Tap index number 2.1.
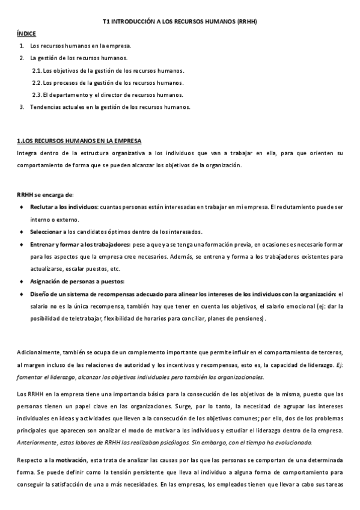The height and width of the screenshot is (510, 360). click(x=37, y=70)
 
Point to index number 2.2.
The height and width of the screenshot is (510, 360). click(x=37, y=83)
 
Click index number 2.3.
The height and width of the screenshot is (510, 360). click(x=37, y=95)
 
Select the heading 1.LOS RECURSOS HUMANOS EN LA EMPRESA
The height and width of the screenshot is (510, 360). click(x=79, y=141)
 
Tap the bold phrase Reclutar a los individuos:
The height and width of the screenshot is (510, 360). click(x=64, y=207)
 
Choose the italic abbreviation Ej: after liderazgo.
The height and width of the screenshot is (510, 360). click(x=338, y=365)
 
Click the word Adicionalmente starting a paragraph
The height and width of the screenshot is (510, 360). click(x=39, y=351)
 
